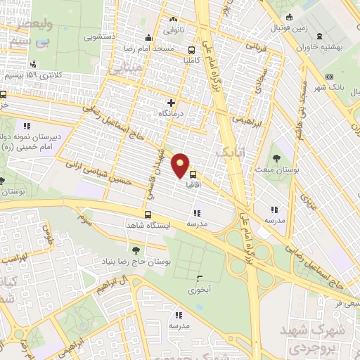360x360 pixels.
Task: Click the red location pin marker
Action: coord(181,165)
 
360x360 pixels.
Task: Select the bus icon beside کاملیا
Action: coord(192,51)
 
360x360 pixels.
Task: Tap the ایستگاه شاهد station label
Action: coord(149,225)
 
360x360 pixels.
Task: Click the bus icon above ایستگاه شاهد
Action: coord(148,214)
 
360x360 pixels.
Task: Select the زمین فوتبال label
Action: coord(290,28)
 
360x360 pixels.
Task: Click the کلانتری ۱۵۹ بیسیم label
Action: coord(30,75)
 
